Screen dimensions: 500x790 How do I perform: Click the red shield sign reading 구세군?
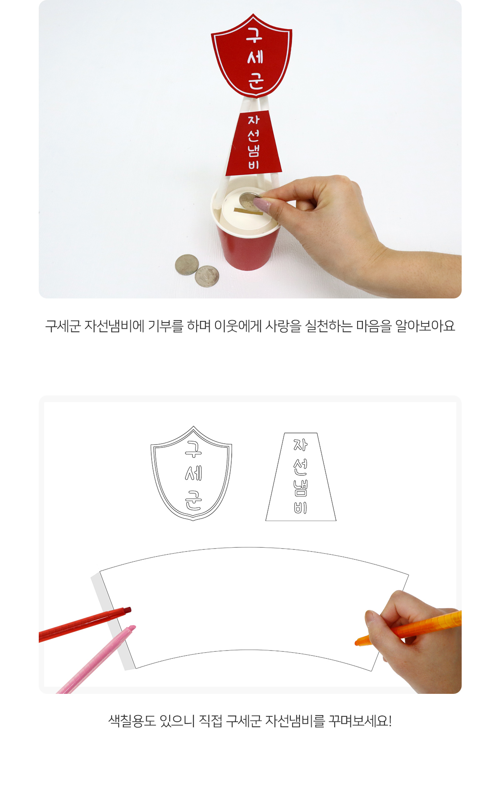tap(252, 56)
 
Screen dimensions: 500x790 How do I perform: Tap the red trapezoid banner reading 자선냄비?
tap(254, 143)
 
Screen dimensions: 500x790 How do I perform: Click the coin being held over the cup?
tap(250, 200)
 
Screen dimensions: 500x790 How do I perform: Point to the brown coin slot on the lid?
tap(248, 212)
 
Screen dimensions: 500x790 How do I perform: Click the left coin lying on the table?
tap(187, 265)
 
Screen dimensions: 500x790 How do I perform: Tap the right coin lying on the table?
tap(207, 276)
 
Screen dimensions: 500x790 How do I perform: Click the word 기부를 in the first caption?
tap(165, 326)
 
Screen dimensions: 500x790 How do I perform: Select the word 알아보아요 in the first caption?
tap(425, 326)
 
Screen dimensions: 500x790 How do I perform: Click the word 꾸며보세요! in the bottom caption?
tap(360, 720)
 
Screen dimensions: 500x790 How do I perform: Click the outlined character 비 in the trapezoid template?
tap(300, 507)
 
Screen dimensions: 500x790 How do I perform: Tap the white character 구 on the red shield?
tap(254, 35)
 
